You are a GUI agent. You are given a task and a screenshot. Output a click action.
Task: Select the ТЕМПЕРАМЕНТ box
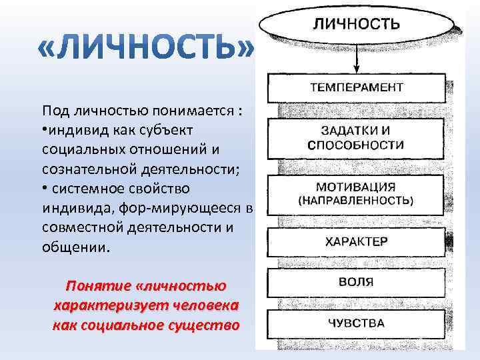click(357, 87)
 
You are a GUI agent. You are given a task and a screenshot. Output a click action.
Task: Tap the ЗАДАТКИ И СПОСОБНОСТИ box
click(357, 137)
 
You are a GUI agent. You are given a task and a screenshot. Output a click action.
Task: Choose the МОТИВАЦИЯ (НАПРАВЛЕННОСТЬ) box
click(357, 193)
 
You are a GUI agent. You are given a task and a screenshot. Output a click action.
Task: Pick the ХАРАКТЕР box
click(357, 241)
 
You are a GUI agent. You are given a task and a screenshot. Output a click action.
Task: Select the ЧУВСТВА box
click(357, 323)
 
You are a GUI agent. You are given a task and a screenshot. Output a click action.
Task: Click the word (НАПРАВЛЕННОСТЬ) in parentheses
click(356, 200)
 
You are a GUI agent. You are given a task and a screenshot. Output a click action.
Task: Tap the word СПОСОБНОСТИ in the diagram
click(356, 145)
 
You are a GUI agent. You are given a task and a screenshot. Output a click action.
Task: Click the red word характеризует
click(106, 305)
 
